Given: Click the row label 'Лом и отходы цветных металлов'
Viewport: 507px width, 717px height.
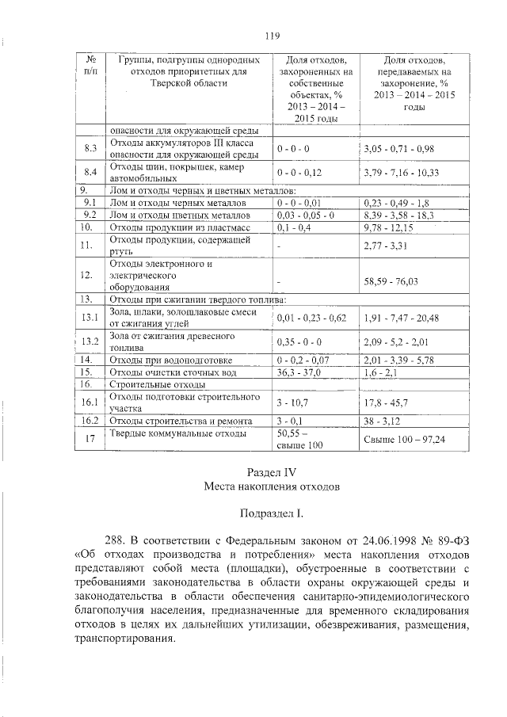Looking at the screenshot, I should coord(178,215).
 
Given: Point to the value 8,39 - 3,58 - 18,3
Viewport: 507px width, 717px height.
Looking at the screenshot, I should coord(399,215).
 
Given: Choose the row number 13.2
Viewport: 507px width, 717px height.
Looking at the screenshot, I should coord(90,341).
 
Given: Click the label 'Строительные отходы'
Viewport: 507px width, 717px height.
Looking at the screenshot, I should coord(151,383).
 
